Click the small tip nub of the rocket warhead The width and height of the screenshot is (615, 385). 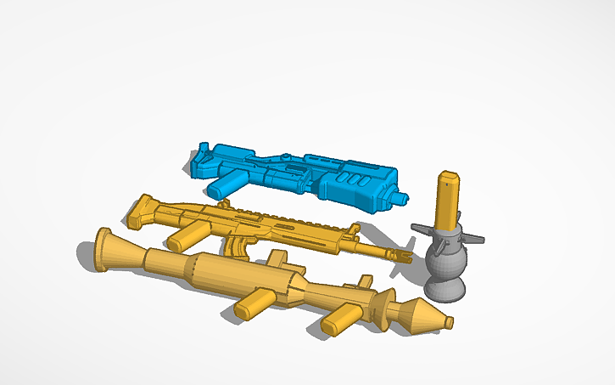[x=448, y=322]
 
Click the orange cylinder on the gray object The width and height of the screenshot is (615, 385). [x=448, y=201]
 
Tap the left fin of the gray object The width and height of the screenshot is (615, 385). [x=422, y=229]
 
